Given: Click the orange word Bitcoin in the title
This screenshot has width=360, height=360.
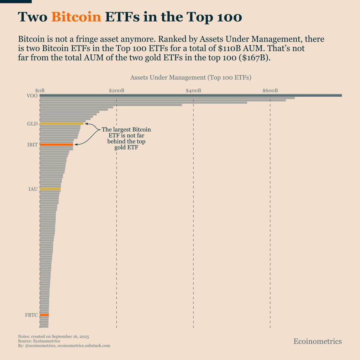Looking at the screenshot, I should click(x=76, y=17).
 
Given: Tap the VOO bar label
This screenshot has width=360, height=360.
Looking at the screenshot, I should click(x=32, y=95).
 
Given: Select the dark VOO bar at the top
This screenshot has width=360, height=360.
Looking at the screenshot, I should click(x=191, y=95).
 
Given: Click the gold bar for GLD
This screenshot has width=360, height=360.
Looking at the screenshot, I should click(x=62, y=124).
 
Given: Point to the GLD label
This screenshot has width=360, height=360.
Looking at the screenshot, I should click(x=32, y=124).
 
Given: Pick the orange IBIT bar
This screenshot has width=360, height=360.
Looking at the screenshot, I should click(x=56, y=144).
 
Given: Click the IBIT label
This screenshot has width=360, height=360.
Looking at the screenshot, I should click(x=32, y=144).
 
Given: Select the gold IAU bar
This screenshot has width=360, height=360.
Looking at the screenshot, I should click(x=50, y=189).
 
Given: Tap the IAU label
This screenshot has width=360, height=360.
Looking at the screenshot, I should click(x=33, y=189).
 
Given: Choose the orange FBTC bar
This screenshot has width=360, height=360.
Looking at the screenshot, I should click(x=44, y=315).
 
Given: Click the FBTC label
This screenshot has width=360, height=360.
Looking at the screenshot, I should click(x=31, y=315).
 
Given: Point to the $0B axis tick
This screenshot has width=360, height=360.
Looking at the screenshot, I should click(x=40, y=91).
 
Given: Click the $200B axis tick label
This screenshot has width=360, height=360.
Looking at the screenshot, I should click(x=116, y=91).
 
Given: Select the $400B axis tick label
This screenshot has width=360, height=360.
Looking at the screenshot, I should click(x=193, y=91).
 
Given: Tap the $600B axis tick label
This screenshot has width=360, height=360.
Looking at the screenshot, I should click(x=270, y=91).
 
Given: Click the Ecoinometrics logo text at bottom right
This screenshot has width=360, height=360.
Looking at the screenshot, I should click(x=318, y=341).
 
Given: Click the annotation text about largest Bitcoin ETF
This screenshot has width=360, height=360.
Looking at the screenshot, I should click(x=126, y=138).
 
